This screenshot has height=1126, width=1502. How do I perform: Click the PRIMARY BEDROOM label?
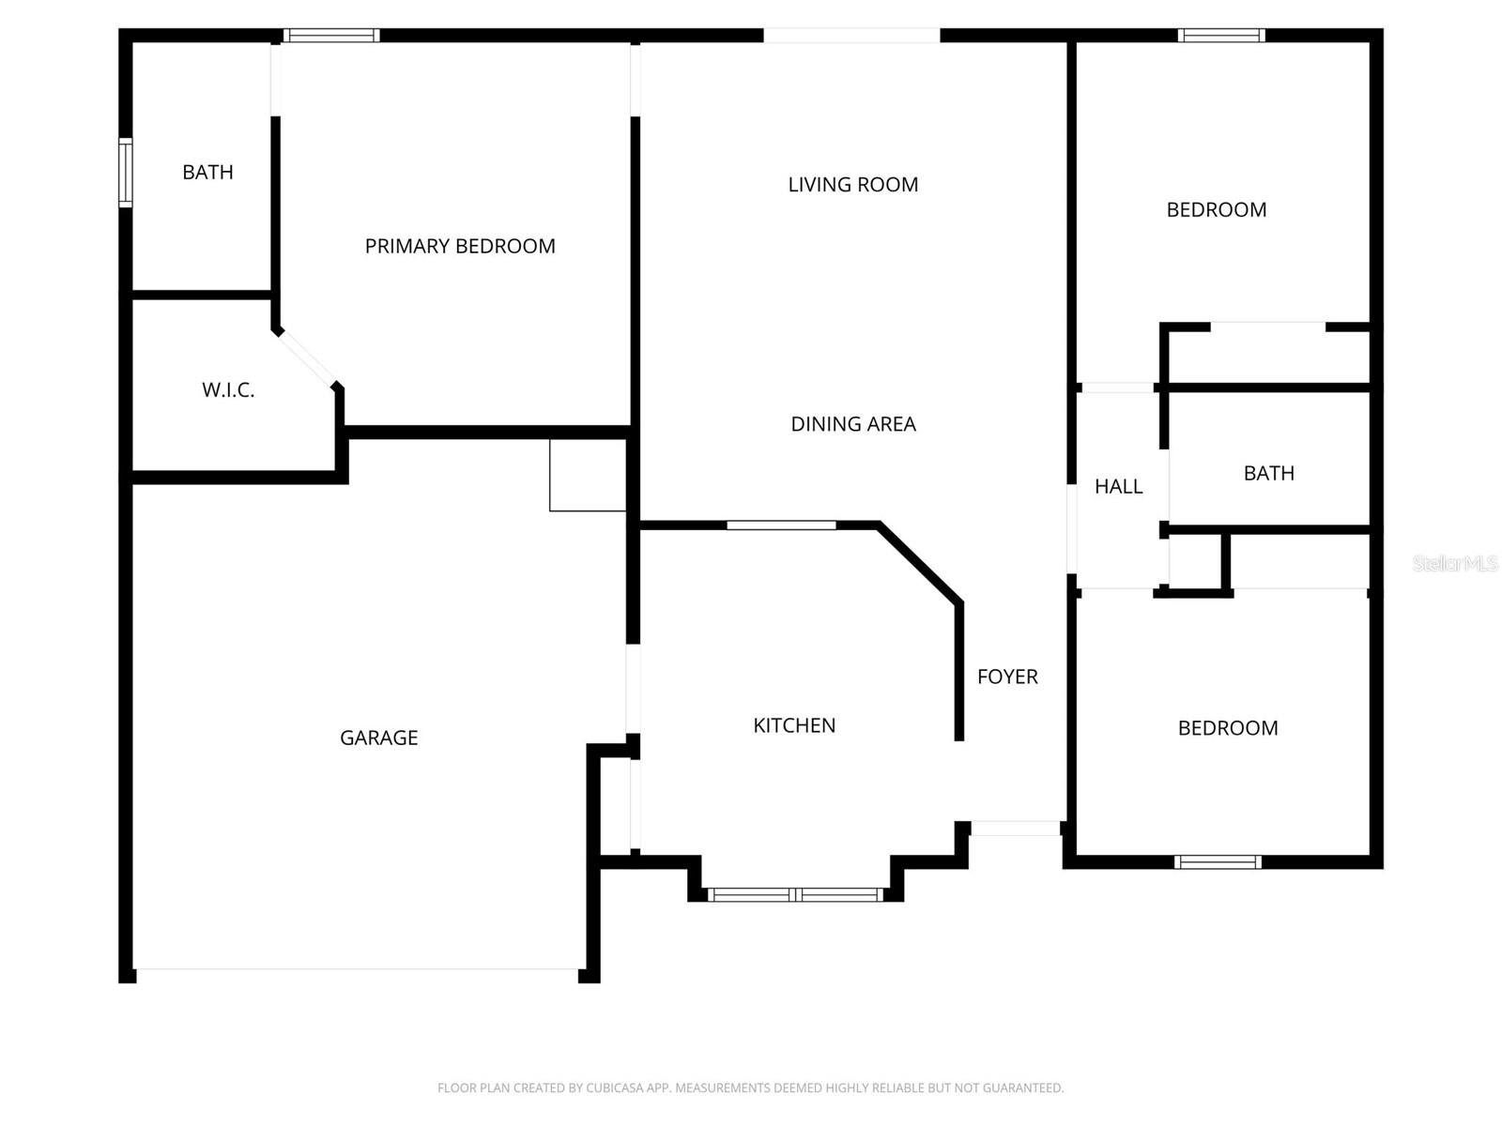point(460,246)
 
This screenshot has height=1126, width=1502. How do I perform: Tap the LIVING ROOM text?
point(852,185)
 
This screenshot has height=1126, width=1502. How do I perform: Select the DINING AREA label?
point(852,424)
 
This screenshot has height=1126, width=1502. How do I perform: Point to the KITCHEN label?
point(794,725)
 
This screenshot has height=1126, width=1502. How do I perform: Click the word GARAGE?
point(378,738)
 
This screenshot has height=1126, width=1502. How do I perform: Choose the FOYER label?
point(1007,677)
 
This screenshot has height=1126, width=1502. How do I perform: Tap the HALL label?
point(1118,486)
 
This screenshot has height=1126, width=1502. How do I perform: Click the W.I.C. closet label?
point(228,390)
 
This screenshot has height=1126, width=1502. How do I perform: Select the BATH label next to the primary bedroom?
point(207,173)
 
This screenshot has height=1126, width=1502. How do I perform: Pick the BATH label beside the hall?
point(1268,473)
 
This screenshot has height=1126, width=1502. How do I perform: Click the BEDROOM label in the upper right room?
point(1216,210)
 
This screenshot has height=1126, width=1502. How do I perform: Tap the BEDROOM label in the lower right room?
point(1227,728)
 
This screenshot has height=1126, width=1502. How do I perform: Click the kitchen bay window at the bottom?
point(795,895)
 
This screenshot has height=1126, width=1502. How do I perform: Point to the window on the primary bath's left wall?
point(125,173)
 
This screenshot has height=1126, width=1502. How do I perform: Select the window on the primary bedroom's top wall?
point(331,36)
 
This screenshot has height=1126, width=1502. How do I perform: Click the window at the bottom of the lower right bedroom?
point(1218,861)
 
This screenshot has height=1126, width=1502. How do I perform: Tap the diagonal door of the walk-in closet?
point(307,358)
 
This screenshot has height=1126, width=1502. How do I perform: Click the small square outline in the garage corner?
point(588,475)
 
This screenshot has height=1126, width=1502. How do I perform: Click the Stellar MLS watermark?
point(1454,563)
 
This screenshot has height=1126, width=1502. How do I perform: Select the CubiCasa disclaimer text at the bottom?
point(750,1088)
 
